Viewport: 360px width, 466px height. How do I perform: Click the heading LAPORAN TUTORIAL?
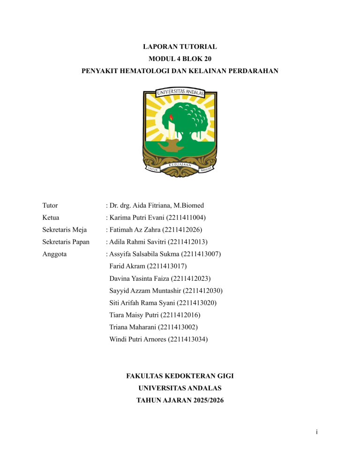180,47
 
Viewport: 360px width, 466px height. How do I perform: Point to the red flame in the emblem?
172,117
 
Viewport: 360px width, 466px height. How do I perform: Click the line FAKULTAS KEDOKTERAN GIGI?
180,376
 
